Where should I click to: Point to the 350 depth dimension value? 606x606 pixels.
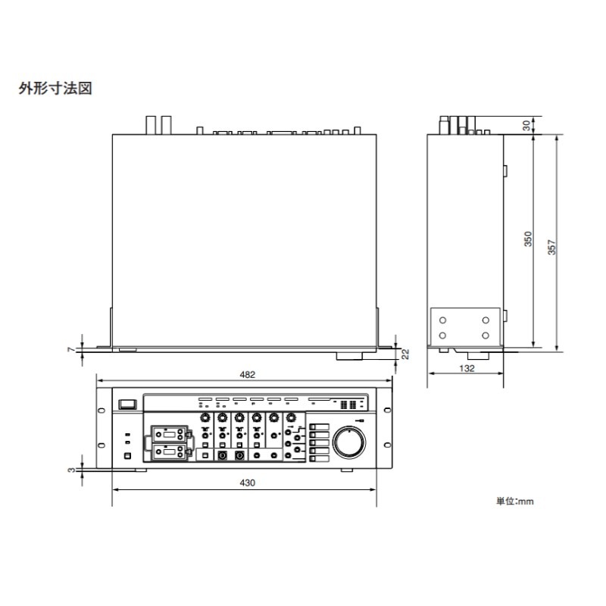point(529,239)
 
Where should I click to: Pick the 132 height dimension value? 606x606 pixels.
point(467,368)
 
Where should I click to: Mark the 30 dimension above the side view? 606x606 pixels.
point(527,126)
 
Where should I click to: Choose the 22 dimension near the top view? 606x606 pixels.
point(406,354)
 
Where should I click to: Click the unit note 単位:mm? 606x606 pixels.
point(515,501)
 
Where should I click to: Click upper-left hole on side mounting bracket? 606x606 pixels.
point(443,318)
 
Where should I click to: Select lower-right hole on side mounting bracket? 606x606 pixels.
point(485,334)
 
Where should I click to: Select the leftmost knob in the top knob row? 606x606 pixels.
point(205,418)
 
